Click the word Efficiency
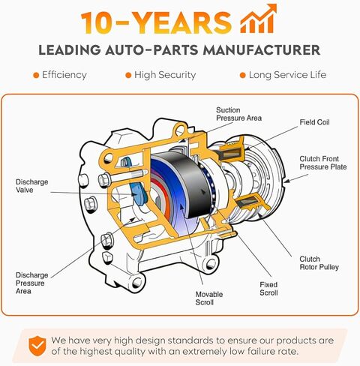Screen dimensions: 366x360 tap(64, 75)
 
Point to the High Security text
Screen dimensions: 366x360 tap(166, 75)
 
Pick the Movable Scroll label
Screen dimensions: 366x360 tap(209, 298)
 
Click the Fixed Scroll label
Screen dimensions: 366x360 tap(268, 289)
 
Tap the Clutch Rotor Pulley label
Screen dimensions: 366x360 tap(319, 262)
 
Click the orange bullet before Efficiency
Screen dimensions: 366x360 tap(35, 75)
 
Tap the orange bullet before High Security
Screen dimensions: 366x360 tap(128, 75)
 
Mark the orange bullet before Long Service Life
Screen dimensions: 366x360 tap(242, 75)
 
